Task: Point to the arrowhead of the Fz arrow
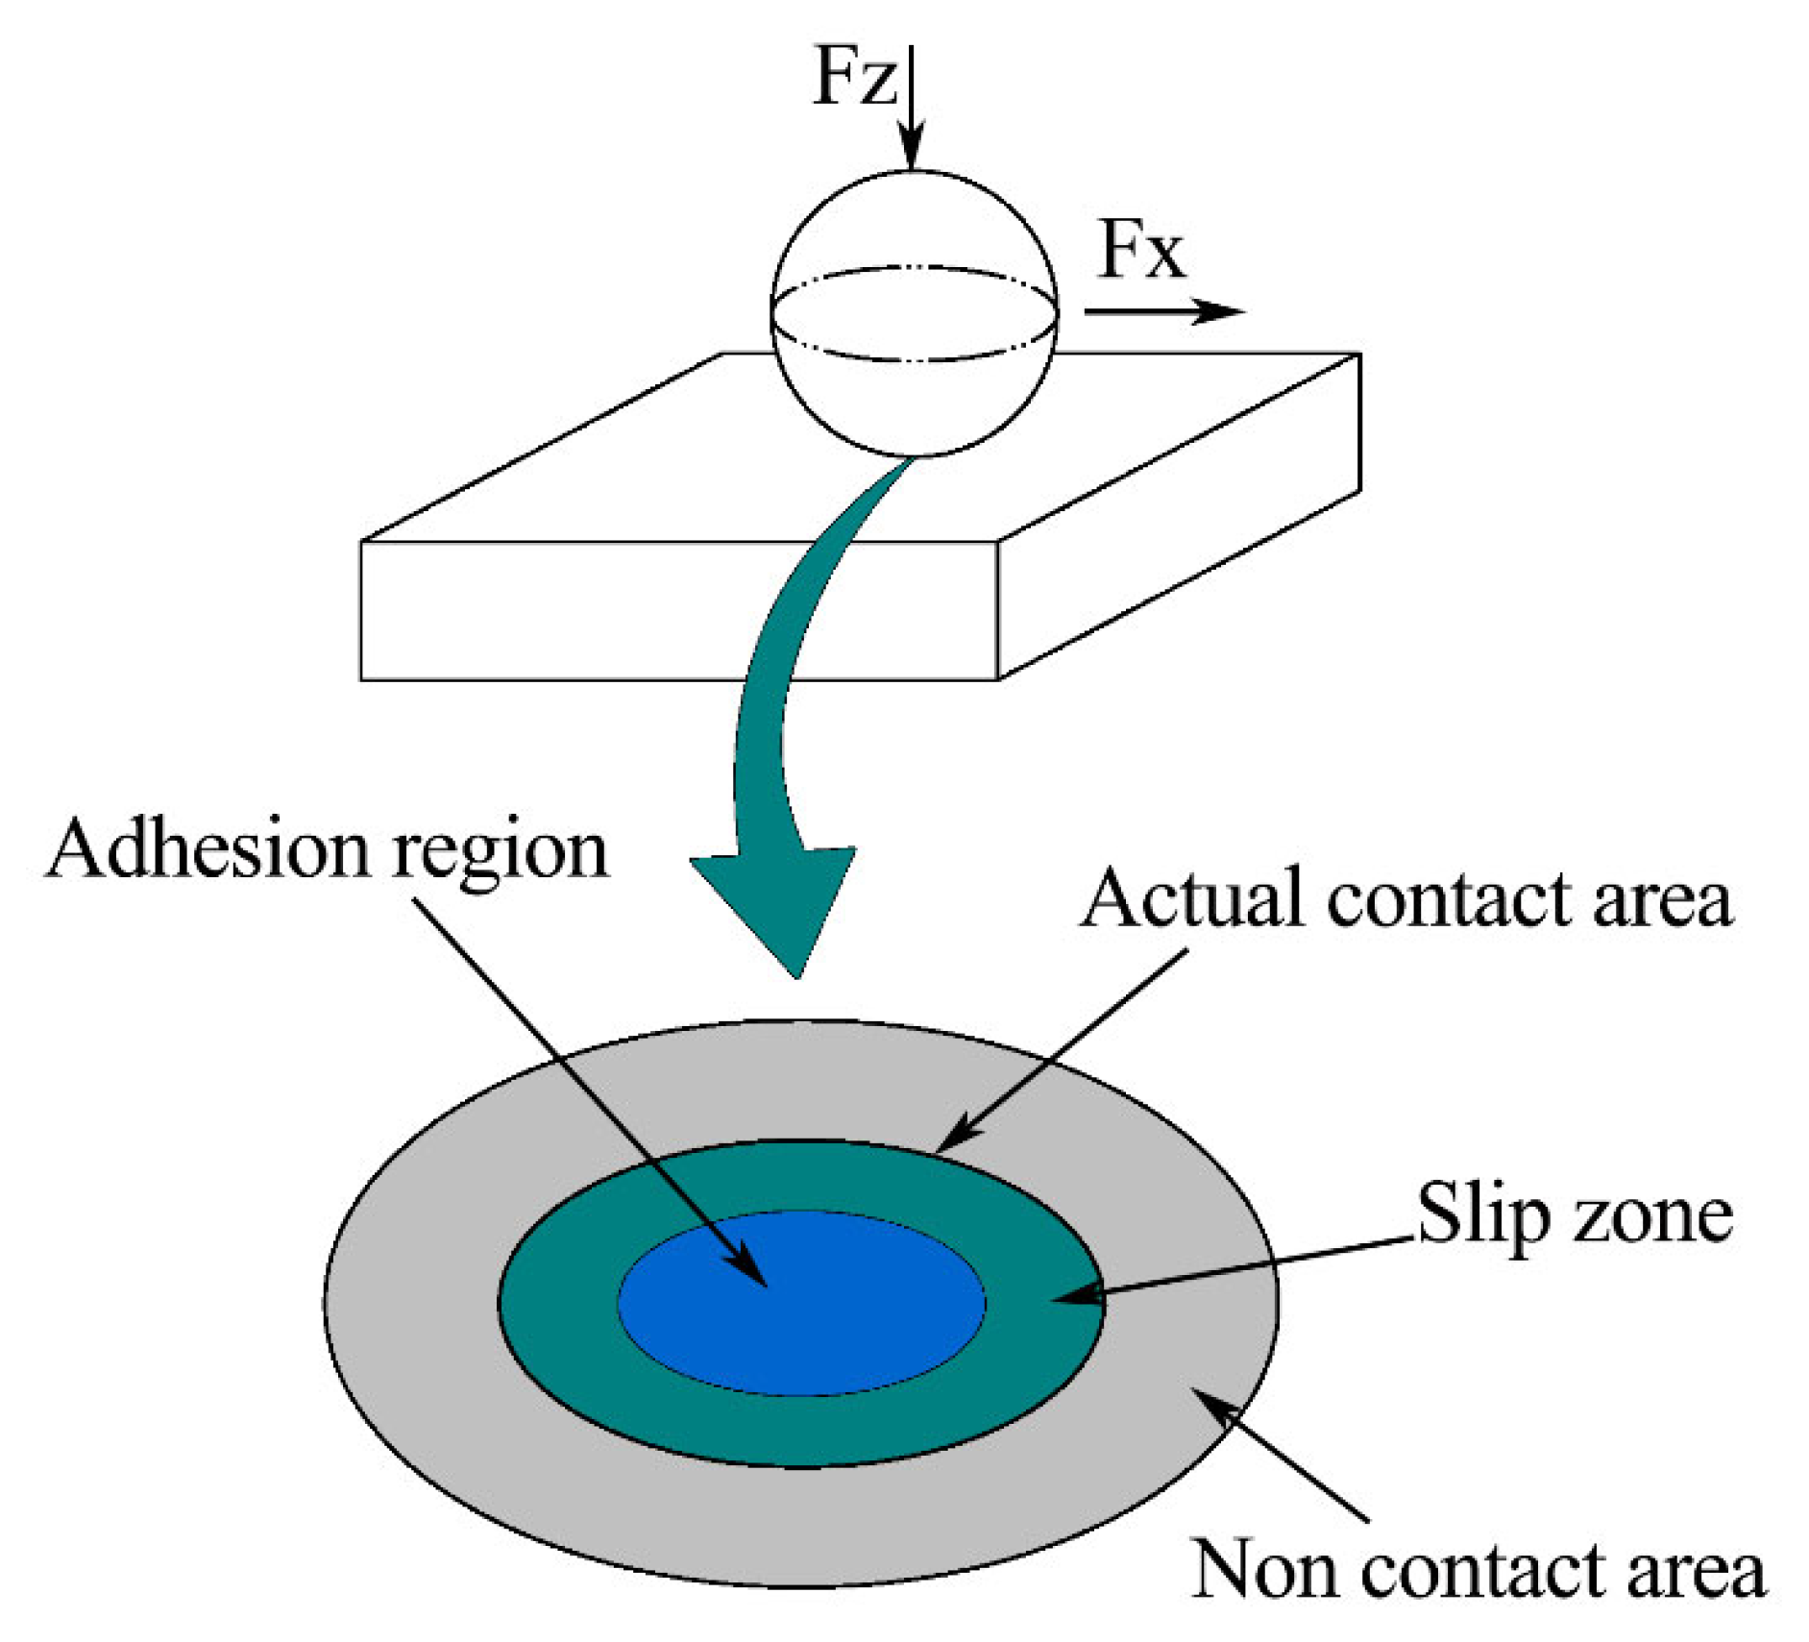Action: [x=911, y=154]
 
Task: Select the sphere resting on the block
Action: [x=915, y=313]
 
